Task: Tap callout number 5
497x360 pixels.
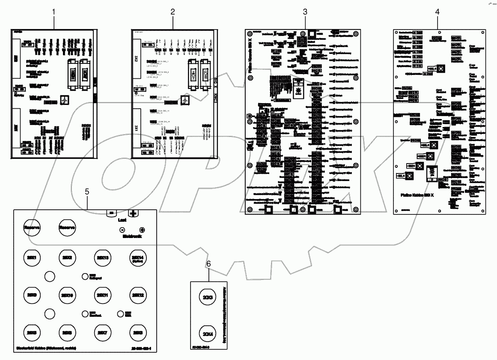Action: pyautogui.click(x=87, y=192)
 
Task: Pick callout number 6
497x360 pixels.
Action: pyautogui.click(x=208, y=264)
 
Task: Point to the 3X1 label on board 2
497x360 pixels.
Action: pyautogui.click(x=137, y=128)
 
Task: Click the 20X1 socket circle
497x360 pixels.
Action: pyautogui.click(x=31, y=258)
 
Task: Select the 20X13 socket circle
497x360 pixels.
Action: pyautogui.click(x=102, y=258)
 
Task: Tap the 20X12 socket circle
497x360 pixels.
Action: pyautogui.click(x=137, y=295)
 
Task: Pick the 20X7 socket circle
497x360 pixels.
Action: pyautogui.click(x=102, y=332)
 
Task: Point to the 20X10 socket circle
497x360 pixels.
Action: pyautogui.click(x=66, y=295)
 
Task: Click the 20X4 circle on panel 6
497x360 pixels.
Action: pyautogui.click(x=208, y=334)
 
